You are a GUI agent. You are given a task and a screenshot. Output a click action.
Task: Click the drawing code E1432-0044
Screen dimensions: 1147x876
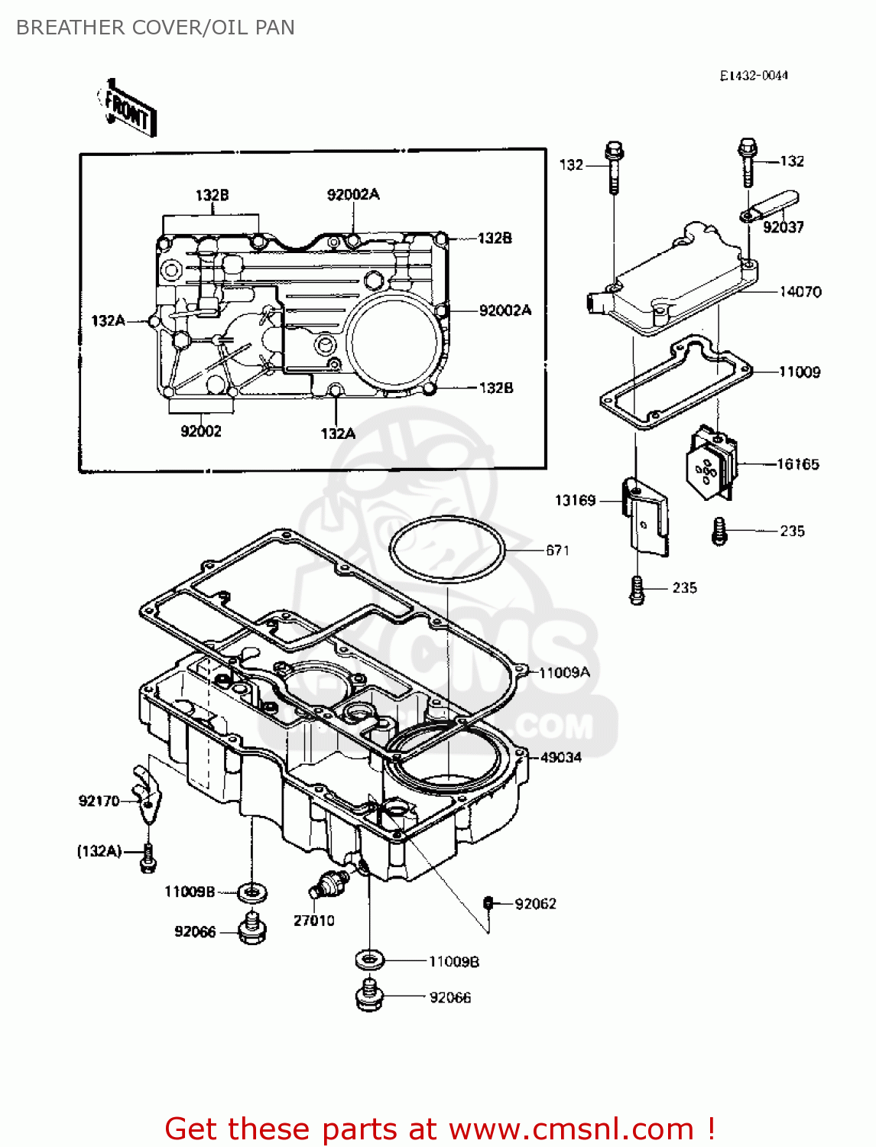click(x=753, y=75)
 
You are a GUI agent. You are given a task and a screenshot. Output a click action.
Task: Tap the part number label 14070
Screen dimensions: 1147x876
click(x=800, y=292)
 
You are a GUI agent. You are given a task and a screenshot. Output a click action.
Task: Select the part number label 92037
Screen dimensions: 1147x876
click(x=783, y=227)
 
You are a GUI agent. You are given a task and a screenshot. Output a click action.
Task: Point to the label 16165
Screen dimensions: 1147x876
click(x=797, y=464)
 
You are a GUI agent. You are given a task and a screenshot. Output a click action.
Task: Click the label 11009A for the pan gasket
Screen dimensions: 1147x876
click(x=564, y=673)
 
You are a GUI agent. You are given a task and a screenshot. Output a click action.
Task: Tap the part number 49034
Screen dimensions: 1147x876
click(x=560, y=758)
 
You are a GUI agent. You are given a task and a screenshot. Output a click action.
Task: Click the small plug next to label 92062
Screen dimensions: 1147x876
click(x=488, y=903)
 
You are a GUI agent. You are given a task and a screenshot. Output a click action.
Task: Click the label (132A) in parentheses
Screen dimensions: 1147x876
click(x=99, y=851)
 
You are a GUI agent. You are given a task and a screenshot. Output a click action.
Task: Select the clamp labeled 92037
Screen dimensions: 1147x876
click(x=772, y=206)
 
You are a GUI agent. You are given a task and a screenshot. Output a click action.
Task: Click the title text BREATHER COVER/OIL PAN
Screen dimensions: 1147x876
click(x=155, y=28)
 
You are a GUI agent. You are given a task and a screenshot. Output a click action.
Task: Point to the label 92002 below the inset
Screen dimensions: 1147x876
click(x=200, y=431)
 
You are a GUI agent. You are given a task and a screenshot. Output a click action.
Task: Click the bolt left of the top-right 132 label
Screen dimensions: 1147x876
click(x=748, y=162)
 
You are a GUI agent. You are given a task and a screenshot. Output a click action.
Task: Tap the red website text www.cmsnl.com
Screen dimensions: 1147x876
click(x=570, y=1129)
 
